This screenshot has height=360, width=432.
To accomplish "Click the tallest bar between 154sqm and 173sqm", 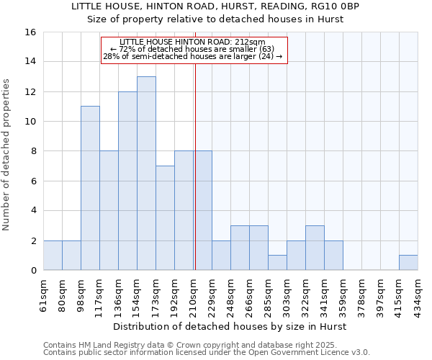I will [x=146, y=173].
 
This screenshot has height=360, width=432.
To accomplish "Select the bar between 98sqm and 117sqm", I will [x=90, y=188].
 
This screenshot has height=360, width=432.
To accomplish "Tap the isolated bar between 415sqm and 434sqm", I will [x=408, y=263].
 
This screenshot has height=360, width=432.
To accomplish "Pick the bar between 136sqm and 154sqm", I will [x=127, y=181].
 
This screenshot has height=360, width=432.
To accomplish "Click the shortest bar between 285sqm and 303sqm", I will [x=277, y=263].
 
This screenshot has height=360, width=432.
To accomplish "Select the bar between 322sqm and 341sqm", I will [x=315, y=248].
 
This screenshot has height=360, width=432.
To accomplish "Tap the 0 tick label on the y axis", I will [x=33, y=271].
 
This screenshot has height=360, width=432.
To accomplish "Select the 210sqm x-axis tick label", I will [x=194, y=294].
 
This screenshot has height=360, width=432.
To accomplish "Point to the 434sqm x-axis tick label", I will [x=418, y=294].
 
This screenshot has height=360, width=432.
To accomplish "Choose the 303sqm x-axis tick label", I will [x=287, y=294].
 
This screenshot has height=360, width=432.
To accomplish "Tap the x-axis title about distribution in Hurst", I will [x=230, y=326].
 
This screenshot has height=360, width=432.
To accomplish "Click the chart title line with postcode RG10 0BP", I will [x=230, y=6].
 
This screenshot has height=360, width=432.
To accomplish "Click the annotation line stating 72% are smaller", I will [x=194, y=49].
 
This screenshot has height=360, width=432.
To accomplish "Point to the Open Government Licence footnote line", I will [x=207, y=353].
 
